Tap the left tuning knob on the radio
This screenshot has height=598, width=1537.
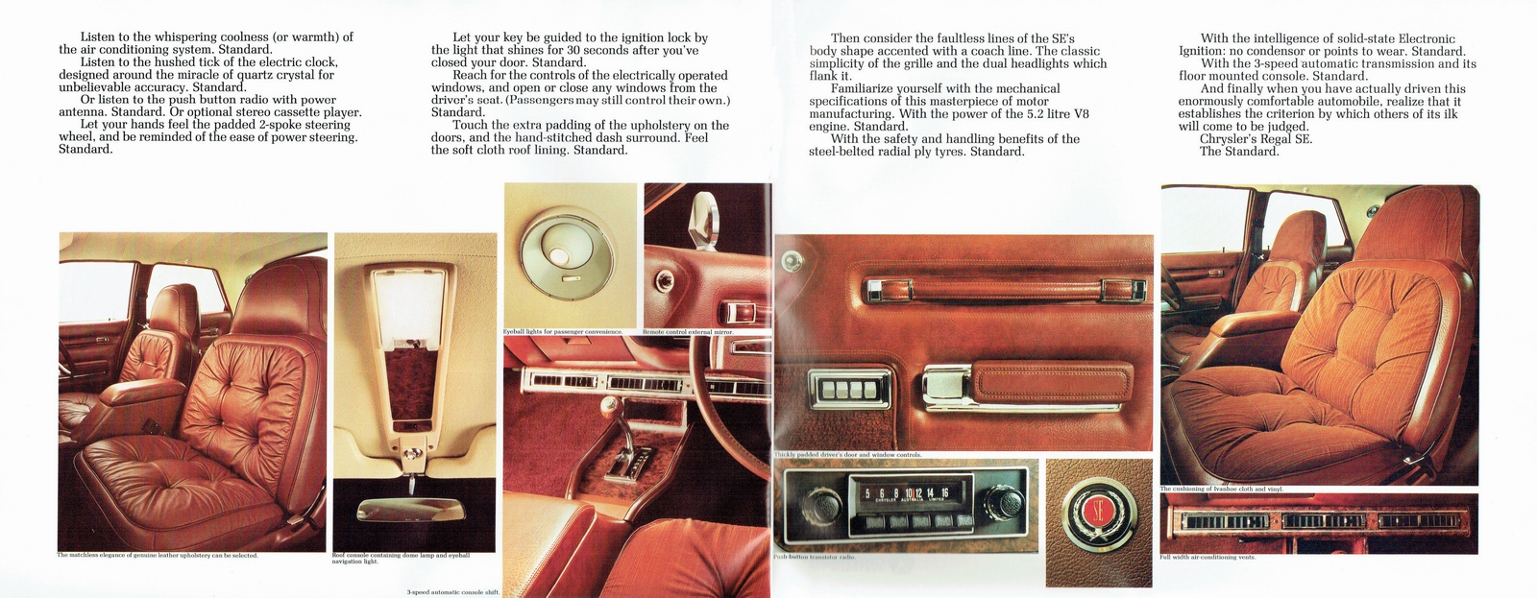810,508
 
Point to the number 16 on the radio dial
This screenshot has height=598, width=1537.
944,493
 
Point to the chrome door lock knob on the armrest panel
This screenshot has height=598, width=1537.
793,260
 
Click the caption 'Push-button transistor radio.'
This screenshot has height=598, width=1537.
815,557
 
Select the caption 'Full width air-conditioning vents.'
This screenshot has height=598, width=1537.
1208,558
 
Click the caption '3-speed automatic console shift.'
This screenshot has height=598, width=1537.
452,592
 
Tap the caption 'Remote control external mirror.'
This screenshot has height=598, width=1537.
688,332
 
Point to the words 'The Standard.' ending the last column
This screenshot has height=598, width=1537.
1239,152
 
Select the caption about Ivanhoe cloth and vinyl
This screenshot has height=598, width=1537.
1221,490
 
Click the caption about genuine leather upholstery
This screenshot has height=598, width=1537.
159,556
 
